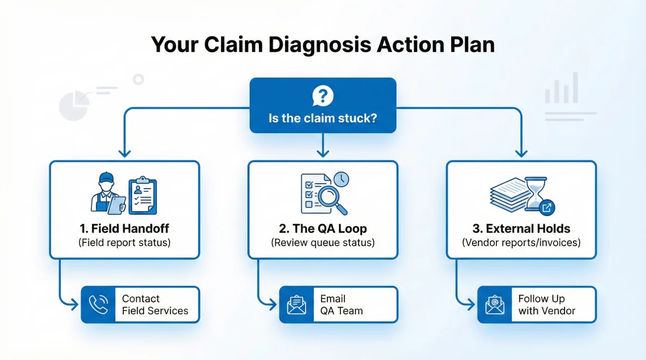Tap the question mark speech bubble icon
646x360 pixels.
coord(323,96)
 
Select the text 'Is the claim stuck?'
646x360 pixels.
coord(323,119)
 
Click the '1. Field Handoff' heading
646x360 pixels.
coord(124,229)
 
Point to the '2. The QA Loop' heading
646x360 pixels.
coord(323,229)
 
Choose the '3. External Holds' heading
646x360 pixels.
coord(521,229)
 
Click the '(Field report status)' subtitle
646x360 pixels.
coord(124,243)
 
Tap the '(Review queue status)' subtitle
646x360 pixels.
coord(323,243)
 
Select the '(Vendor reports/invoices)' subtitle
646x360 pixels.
coord(521,243)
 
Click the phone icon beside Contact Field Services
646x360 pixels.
coord(98,305)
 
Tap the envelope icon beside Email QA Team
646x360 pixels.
coord(297,305)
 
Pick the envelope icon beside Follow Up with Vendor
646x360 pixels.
coord(494,305)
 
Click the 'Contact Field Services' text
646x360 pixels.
coord(155,305)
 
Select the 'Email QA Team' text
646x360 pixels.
coord(341,305)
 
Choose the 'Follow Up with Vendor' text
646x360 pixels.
coord(547,305)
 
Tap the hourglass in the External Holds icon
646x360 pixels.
coord(535,191)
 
